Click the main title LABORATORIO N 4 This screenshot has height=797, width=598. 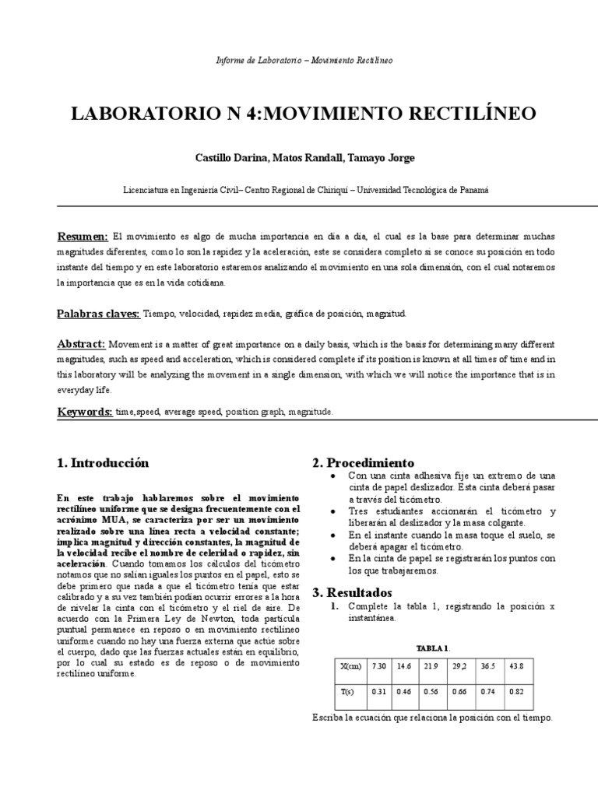(303, 114)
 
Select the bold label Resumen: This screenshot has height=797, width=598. (83, 237)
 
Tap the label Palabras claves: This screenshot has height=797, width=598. (98, 314)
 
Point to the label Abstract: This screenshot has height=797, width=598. (81, 344)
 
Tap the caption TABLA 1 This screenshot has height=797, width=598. (432, 648)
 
